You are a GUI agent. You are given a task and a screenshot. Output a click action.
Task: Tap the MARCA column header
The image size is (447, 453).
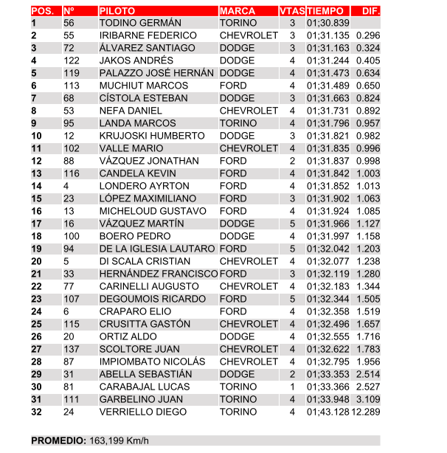click(238, 11)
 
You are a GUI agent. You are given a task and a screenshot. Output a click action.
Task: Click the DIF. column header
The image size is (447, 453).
click(367, 11)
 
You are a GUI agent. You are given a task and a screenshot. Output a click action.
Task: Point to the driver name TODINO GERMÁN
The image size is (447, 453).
click(140, 24)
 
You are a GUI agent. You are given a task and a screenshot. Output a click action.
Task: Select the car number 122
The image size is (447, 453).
click(72, 60)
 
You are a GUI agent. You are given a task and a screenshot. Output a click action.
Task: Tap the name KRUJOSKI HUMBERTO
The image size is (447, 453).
click(151, 136)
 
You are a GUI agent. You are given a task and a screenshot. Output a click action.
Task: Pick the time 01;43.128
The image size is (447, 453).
click(328, 412)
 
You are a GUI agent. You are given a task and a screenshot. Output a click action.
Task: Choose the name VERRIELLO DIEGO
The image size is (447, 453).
click(142, 412)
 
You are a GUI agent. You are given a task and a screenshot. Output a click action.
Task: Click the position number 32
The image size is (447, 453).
click(37, 412)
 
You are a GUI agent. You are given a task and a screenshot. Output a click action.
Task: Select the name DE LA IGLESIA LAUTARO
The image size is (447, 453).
click(157, 249)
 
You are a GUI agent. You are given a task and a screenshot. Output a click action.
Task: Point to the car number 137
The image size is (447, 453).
click(72, 349)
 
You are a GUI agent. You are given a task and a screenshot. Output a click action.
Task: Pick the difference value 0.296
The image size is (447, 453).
click(367, 35)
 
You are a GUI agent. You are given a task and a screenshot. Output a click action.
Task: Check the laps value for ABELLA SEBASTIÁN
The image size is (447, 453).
click(292, 374)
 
